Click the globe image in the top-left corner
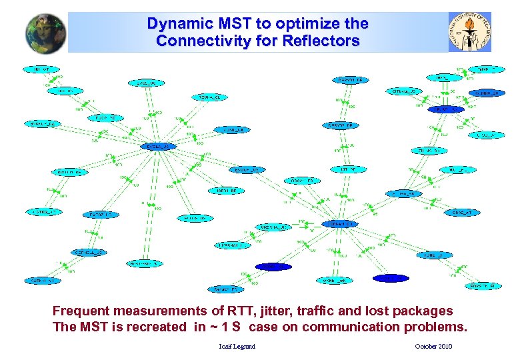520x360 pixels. tap(46, 33)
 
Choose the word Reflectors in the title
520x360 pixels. tap(322, 41)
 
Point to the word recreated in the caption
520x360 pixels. tap(158, 327)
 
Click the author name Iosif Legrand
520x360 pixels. tap(237, 347)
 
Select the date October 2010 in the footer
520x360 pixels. tap(433, 347)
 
